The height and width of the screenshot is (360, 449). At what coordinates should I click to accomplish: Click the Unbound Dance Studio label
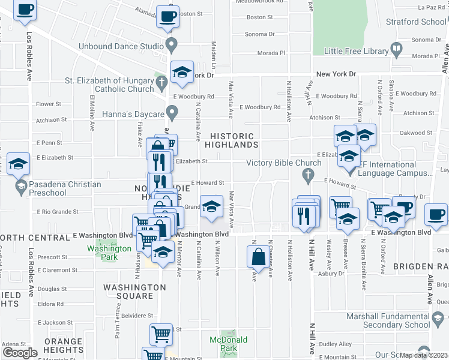121,46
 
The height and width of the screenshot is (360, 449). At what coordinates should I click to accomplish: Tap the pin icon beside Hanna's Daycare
172,112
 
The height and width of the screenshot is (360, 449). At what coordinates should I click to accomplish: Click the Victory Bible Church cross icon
308,175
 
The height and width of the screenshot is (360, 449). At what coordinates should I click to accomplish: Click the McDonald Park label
228,343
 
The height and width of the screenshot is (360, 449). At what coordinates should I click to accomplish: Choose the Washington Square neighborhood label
134,292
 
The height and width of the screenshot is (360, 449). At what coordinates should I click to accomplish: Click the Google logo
20,353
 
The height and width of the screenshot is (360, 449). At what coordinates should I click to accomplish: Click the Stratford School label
420,22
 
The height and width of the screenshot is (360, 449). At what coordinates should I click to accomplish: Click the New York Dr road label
336,74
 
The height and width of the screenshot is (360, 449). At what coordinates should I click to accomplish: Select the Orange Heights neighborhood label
63,346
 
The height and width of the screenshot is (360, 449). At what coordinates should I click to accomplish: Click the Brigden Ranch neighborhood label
421,266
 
